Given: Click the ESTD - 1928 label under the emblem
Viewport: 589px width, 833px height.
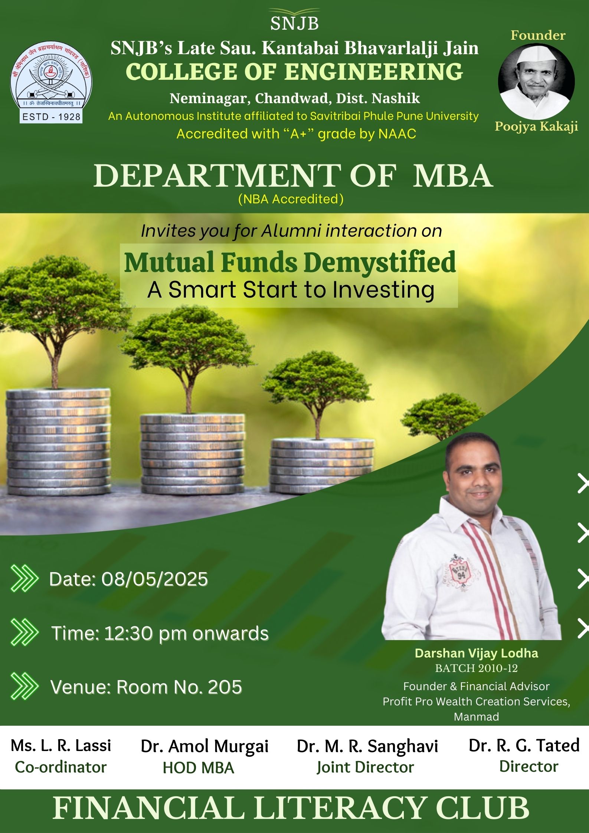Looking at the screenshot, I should point(51,117).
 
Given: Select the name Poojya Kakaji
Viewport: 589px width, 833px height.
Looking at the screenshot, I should point(536,127).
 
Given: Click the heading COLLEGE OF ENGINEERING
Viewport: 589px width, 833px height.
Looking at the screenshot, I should point(294,72).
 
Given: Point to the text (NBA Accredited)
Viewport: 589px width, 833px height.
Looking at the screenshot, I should point(291,199).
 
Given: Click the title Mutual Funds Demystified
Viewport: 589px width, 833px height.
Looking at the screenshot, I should point(290,262).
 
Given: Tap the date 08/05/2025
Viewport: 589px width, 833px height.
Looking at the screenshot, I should point(154,579).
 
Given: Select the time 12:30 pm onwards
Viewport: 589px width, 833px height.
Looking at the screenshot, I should point(186,633).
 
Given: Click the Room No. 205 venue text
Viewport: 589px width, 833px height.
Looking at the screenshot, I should point(179,687).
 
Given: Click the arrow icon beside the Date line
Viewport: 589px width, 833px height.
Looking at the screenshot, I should point(24,578).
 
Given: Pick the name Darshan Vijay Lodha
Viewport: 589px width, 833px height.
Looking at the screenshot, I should point(476,653).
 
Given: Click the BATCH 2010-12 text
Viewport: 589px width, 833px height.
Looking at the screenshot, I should point(476,668).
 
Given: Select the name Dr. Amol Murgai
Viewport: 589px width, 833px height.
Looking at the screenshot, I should point(204,747).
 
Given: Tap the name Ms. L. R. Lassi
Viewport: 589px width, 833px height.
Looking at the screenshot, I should point(61,745).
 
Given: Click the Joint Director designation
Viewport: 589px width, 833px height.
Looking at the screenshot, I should point(365,767).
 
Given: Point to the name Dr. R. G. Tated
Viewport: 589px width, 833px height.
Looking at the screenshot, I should point(524,745).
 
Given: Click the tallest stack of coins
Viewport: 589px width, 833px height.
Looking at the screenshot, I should point(59,442).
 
